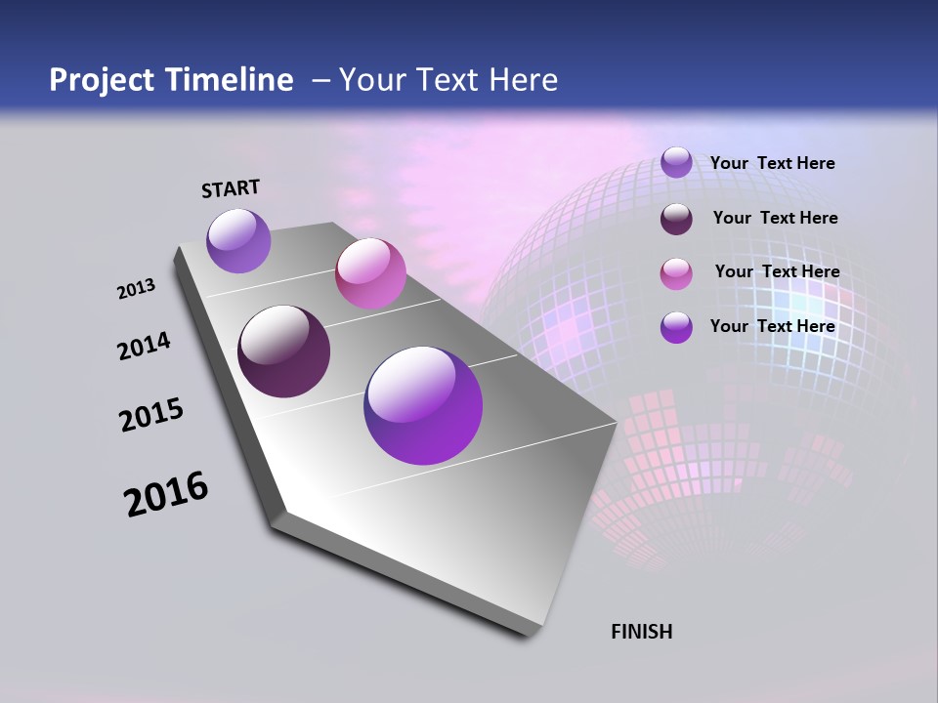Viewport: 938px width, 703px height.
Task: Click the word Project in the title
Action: pyautogui.click(x=101, y=80)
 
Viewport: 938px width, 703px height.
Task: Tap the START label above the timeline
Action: pyautogui.click(x=231, y=188)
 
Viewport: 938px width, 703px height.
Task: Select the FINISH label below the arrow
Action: pyautogui.click(x=642, y=632)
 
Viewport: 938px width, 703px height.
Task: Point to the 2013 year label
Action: pyautogui.click(x=136, y=289)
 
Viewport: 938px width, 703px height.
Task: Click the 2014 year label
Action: pyautogui.click(x=144, y=346)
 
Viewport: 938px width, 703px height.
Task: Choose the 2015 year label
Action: pyautogui.click(x=151, y=415)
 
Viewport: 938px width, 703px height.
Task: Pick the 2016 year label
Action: pyautogui.click(x=166, y=494)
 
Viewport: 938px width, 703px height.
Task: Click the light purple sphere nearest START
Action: pyautogui.click(x=238, y=240)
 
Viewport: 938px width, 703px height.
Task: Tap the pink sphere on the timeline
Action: pyautogui.click(x=370, y=273)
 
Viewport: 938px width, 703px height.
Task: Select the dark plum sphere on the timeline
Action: pyautogui.click(x=284, y=351)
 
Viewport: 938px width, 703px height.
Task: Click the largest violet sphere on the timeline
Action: pyautogui.click(x=423, y=405)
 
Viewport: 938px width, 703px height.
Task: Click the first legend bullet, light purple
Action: pyautogui.click(x=676, y=162)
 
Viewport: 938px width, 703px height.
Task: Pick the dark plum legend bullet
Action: pyautogui.click(x=676, y=219)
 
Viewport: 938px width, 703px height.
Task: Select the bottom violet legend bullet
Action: pyautogui.click(x=676, y=327)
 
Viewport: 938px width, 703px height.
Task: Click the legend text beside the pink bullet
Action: pyautogui.click(x=777, y=271)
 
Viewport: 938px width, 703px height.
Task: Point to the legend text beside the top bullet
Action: pyautogui.click(x=772, y=163)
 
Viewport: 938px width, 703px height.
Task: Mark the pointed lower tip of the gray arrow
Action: pyautogui.click(x=533, y=634)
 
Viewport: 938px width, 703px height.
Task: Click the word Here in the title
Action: pyautogui.click(x=524, y=80)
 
